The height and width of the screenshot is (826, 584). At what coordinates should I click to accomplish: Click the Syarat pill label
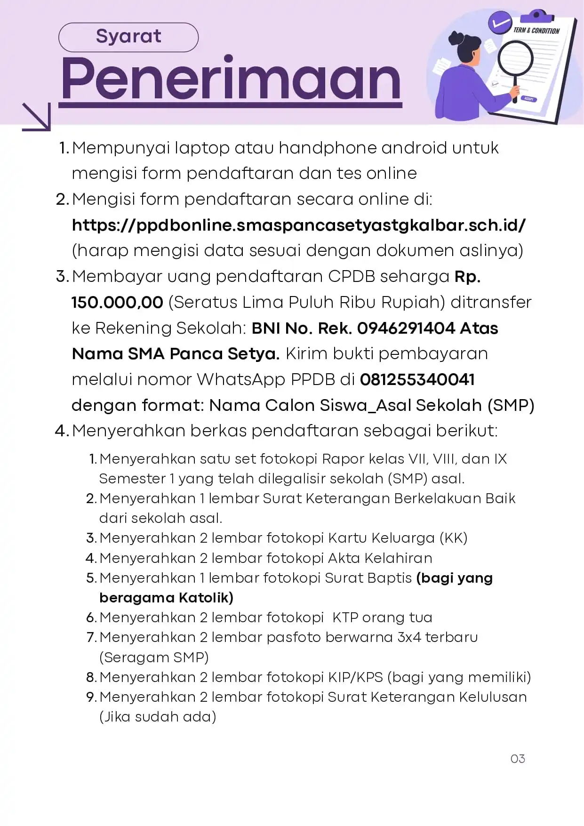pyautogui.click(x=128, y=37)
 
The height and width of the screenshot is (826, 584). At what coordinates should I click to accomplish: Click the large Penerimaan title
pyautogui.click(x=231, y=79)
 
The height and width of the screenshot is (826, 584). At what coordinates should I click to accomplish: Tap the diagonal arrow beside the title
pyautogui.click(x=37, y=117)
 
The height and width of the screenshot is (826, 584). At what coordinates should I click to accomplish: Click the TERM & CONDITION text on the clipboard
pyautogui.click(x=536, y=31)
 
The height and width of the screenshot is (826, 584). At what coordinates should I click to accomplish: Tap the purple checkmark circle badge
pyautogui.click(x=499, y=22)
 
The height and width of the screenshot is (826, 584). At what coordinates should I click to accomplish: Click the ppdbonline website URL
pyautogui.click(x=298, y=225)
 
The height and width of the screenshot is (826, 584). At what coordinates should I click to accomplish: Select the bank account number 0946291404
pyautogui.click(x=406, y=328)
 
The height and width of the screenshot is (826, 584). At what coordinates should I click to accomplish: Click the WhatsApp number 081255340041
pyautogui.click(x=417, y=379)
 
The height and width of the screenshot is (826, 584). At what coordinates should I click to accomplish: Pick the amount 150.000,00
pyautogui.click(x=117, y=302)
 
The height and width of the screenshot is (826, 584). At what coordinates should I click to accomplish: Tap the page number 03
pyautogui.click(x=517, y=759)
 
